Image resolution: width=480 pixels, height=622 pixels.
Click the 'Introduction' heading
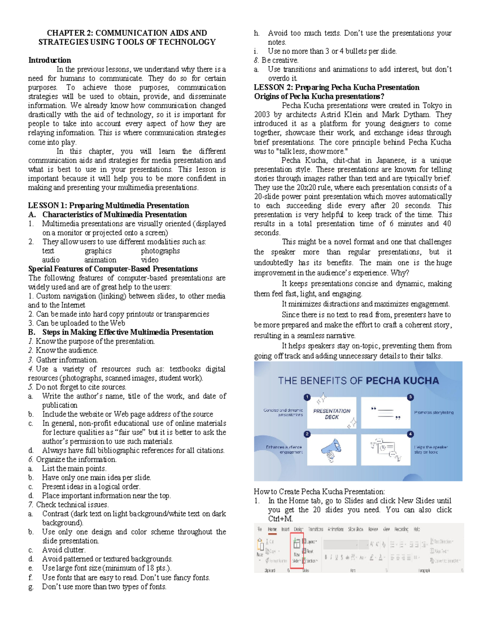[49, 60]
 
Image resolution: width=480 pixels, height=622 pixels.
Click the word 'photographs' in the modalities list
[160, 251]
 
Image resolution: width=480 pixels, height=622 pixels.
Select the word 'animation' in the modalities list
[100, 260]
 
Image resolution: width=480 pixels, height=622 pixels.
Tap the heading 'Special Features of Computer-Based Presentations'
[113, 269]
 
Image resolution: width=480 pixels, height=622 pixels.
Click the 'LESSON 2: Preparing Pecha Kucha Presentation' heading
[336, 87]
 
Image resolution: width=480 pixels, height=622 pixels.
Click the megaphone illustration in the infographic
[331, 449]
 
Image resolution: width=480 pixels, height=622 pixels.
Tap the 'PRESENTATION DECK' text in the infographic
[332, 414]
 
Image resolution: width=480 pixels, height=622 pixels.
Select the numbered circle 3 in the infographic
[410, 397]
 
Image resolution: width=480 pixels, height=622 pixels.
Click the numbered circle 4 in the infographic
[410, 434]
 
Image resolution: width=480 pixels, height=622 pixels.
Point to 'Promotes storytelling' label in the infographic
[434, 412]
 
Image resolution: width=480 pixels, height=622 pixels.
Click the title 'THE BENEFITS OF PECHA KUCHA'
[358, 380]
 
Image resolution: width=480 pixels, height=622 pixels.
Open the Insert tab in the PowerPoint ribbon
[285, 529]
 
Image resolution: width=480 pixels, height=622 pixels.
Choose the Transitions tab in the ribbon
[316, 529]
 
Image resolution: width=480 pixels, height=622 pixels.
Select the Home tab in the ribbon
[272, 529]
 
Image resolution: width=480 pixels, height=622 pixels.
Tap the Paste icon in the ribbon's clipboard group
[260, 547]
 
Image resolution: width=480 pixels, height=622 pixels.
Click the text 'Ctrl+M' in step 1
[280, 519]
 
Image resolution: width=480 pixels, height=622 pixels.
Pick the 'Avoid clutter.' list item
[64, 550]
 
